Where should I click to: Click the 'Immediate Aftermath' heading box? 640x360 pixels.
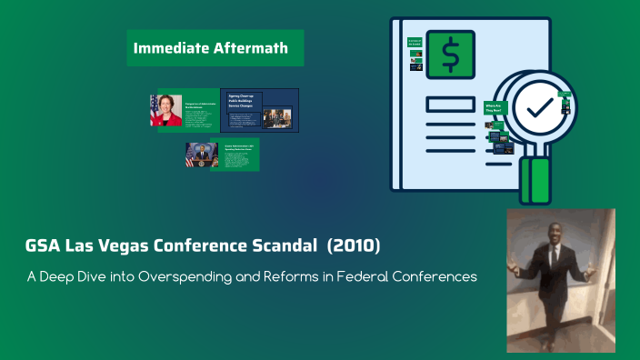click(215, 48)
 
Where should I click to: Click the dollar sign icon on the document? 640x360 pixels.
click(450, 55)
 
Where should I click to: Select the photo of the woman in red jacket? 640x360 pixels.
click(166, 110)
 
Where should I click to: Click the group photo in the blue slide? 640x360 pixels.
click(277, 117)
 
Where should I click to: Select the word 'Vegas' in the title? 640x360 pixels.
click(115, 246)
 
